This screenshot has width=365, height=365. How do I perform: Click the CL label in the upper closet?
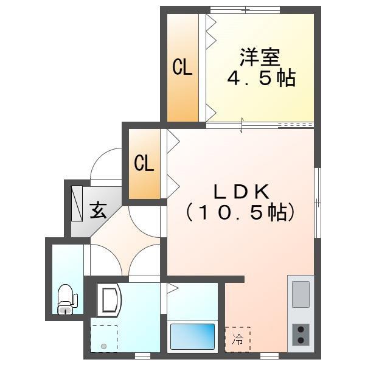pyautogui.click(x=182, y=68)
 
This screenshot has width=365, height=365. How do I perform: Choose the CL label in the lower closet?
pyautogui.click(x=144, y=163)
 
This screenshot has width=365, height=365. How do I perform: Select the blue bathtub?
pyautogui.click(x=192, y=336)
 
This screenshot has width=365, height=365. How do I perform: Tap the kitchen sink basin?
pyautogui.click(x=301, y=294)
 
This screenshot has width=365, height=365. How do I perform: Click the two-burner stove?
pyautogui.click(x=301, y=334)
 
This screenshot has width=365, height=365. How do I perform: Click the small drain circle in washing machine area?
pyautogui.click(x=103, y=347)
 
